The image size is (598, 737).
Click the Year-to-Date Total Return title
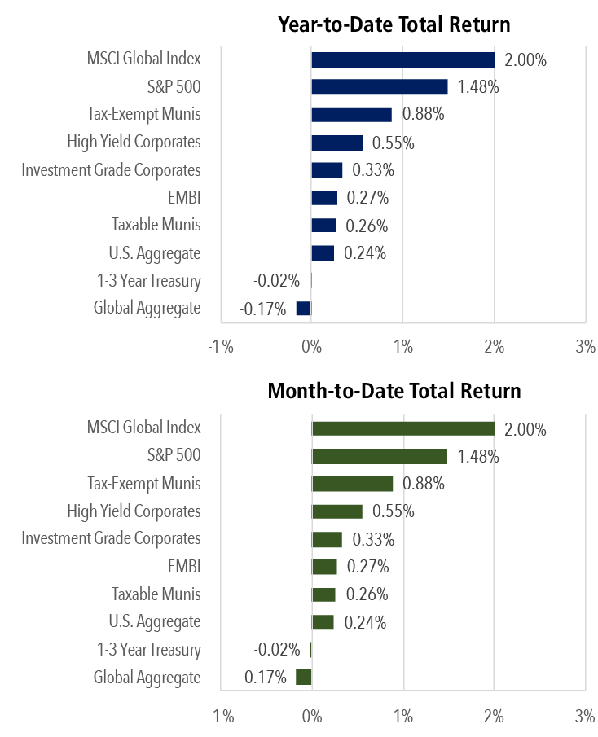pos(394,23)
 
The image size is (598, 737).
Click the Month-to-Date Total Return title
pos(394,392)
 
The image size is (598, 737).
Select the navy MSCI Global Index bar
pos(402,59)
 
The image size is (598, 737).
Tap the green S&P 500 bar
pos(380,456)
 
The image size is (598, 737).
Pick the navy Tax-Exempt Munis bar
pos(351,115)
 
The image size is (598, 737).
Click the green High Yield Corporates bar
pos(337,511)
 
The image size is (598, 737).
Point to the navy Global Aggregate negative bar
pos(303,308)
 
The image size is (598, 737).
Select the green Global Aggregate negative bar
pos(303,677)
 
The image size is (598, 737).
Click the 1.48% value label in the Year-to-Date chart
pos(478,87)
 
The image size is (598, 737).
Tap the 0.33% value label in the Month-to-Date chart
pos(373,539)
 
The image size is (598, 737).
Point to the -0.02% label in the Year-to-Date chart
pos(276,281)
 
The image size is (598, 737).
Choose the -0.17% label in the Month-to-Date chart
pos(263,678)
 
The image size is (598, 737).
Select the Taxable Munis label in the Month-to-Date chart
pos(156,594)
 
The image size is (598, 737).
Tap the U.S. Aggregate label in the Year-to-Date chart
pos(154,252)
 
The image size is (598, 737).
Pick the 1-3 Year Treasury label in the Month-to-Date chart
pos(148,650)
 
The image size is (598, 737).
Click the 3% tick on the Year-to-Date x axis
pos(585,347)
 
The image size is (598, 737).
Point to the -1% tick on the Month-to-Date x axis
pos(221,717)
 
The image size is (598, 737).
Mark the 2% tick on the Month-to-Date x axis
pos(494,717)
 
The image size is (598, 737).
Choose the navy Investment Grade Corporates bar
pos(327,169)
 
